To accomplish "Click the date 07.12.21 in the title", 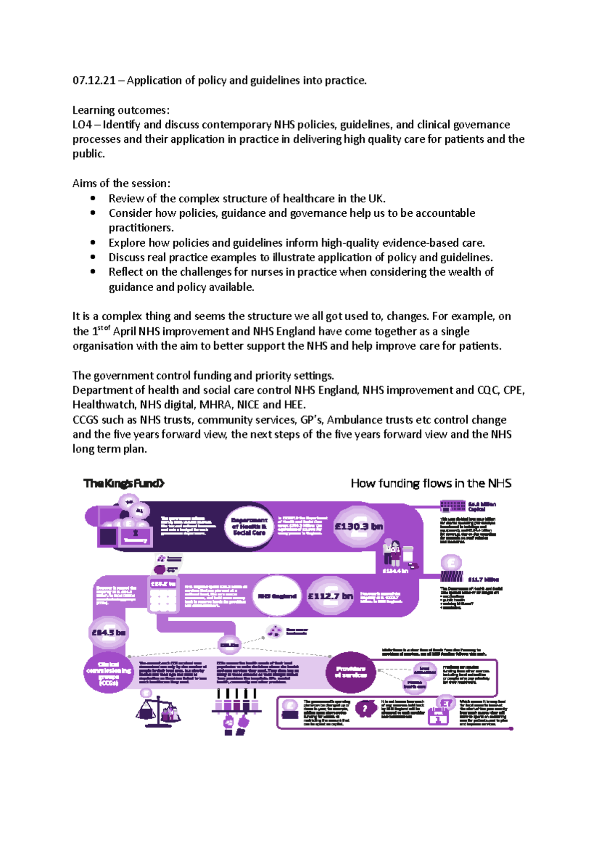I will click(x=94, y=80).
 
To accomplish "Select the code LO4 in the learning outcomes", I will click(x=82, y=124).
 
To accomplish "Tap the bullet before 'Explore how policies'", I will click(x=93, y=242).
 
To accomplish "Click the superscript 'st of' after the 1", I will click(x=103, y=328).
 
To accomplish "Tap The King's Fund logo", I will click(x=124, y=483).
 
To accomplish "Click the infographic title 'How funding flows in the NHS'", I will click(x=431, y=483).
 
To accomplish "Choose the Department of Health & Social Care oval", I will click(x=249, y=526).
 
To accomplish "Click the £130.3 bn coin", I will click(x=358, y=527).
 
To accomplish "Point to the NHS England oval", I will click(x=277, y=596).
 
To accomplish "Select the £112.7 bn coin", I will click(x=330, y=596).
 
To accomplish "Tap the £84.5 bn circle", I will click(x=108, y=633).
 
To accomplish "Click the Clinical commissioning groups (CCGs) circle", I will click(x=108, y=673).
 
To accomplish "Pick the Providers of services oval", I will click(x=350, y=672).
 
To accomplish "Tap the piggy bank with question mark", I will click(x=366, y=709).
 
